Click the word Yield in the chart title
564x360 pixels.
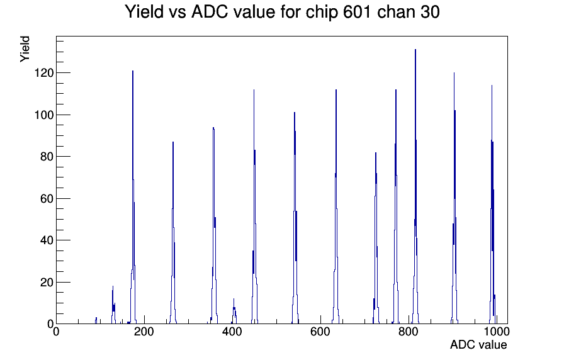pos(144,12)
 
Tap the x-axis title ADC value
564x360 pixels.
pos(478,344)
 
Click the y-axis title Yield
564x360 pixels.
pos(25,49)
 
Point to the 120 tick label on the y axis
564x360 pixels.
pos(44,73)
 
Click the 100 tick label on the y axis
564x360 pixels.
pos(44,115)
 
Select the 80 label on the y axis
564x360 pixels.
pos(47,157)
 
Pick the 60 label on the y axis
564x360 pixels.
pos(47,198)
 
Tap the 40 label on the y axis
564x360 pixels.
pos(47,240)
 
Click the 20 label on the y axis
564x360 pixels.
pos(47,283)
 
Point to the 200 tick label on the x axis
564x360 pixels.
pos(144,331)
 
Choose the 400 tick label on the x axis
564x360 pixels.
pos(232,331)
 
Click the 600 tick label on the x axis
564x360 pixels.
pos(320,331)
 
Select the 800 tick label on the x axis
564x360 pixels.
pos(409,331)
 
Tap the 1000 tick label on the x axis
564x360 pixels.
pos(497,331)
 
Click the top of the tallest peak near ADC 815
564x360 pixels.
pos(415,50)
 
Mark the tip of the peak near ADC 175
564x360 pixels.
pos(133,71)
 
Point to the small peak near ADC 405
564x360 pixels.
pos(234,299)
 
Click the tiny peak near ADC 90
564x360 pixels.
pos(96,318)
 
